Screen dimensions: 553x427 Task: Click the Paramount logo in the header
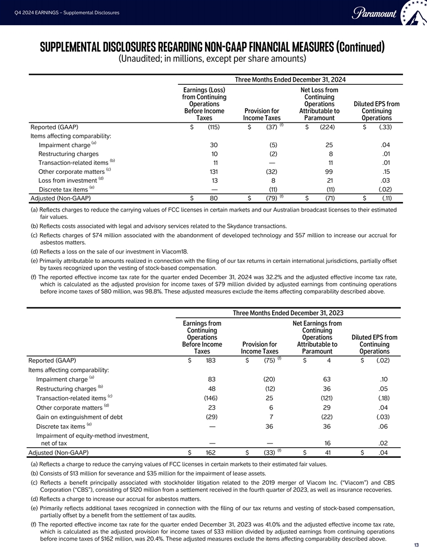tap(375, 13)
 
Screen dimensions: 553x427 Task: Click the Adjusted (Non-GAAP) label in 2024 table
tap(61, 198)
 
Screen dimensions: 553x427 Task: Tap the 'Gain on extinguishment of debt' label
tap(78, 417)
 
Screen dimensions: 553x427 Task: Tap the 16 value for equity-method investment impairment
tap(328, 443)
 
